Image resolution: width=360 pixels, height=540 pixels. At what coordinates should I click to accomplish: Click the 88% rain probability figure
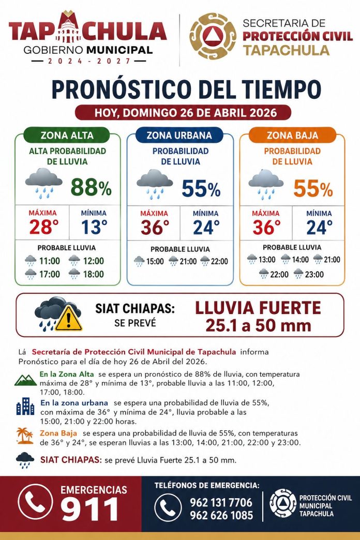(x=91, y=187)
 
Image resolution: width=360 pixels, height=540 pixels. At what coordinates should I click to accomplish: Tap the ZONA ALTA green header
(x=67, y=136)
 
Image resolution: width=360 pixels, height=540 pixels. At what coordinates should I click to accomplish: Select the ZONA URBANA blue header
(x=179, y=136)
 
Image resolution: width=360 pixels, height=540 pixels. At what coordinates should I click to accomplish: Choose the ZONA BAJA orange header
(x=292, y=136)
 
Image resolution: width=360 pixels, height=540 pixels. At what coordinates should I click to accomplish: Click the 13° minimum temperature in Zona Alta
(x=94, y=227)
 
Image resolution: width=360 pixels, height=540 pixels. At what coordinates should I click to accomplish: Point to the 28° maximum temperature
(x=42, y=227)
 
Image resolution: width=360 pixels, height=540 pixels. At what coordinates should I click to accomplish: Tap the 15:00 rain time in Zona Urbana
(x=155, y=262)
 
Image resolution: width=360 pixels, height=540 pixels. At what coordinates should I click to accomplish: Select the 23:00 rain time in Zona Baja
(x=314, y=275)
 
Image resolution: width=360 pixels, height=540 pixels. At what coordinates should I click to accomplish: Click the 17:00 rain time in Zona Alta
(x=50, y=275)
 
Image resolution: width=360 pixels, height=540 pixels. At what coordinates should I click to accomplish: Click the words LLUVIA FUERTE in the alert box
(x=258, y=308)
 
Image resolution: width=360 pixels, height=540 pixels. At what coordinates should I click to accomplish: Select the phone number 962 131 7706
(x=221, y=502)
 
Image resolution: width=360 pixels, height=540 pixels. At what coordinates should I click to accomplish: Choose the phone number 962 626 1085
(x=221, y=515)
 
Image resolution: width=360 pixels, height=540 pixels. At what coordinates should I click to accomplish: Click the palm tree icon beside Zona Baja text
(x=24, y=436)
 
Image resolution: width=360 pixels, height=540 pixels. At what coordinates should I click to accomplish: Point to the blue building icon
(x=25, y=407)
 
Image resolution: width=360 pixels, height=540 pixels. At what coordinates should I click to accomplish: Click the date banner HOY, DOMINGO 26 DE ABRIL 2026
(x=183, y=112)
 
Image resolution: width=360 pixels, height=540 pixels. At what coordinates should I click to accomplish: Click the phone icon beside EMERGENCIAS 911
(x=35, y=502)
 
